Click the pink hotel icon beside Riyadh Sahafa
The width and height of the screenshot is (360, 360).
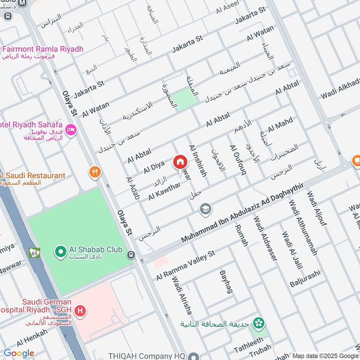click(71, 130)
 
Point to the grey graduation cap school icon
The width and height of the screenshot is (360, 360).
click(205, 209)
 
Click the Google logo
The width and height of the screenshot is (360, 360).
click(19, 353)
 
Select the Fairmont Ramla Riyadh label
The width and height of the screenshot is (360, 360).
click(42, 49)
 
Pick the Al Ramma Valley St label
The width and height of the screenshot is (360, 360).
click(186, 266)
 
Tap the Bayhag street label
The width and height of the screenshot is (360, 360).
click(225, 282)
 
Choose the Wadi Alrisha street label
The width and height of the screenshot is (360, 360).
click(181, 295)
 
